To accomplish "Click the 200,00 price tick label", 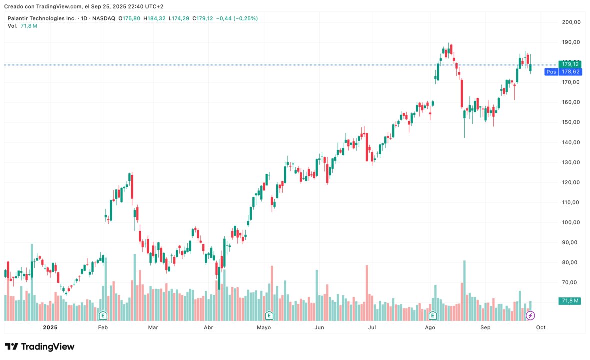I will point(571,22).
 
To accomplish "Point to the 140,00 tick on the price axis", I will point(571,142).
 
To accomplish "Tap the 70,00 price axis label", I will point(571,282).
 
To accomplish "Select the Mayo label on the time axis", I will point(264,328).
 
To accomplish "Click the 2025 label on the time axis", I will point(51,328).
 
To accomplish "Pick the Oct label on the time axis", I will point(541,328).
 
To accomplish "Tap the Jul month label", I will point(372,328).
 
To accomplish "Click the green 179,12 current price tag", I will point(570,64).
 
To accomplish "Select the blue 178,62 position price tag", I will point(570,72).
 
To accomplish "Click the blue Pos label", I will point(551,72).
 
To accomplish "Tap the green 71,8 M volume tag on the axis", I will point(570,301).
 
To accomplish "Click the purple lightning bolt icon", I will point(531,315).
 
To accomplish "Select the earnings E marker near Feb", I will point(103,315).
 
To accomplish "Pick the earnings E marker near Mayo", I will point(269,315).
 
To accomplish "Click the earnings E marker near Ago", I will point(433,315).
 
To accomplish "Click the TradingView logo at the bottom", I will point(40,347).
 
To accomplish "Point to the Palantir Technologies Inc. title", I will point(42,18).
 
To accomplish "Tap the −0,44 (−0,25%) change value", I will point(237,18).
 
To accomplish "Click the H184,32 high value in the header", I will point(155,18).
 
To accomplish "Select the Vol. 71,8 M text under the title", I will point(22,26).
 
